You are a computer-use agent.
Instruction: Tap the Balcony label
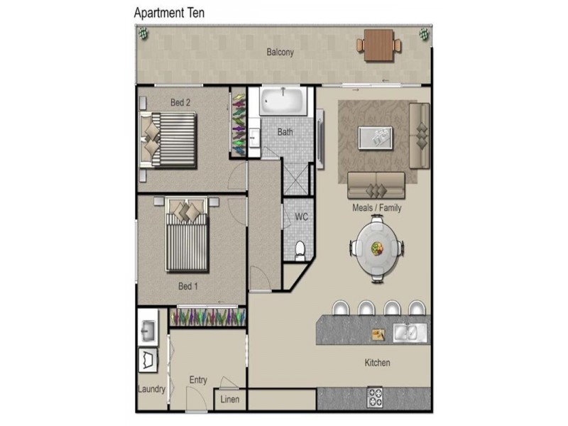(x=280, y=52)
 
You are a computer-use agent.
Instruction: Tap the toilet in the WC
(x=300, y=249)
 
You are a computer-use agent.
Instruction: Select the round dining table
(x=377, y=248)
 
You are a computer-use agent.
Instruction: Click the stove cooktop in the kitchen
(x=374, y=397)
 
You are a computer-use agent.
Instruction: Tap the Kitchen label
(x=377, y=363)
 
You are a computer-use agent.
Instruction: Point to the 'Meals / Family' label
(x=376, y=208)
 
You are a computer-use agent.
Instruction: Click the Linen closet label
(x=230, y=400)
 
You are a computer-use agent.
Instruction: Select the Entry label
(x=198, y=380)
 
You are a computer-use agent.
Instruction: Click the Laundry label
(x=151, y=389)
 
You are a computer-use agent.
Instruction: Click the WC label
(x=300, y=217)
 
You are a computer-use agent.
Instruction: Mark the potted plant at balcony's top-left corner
(x=143, y=33)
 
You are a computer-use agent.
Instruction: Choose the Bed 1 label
(x=187, y=286)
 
